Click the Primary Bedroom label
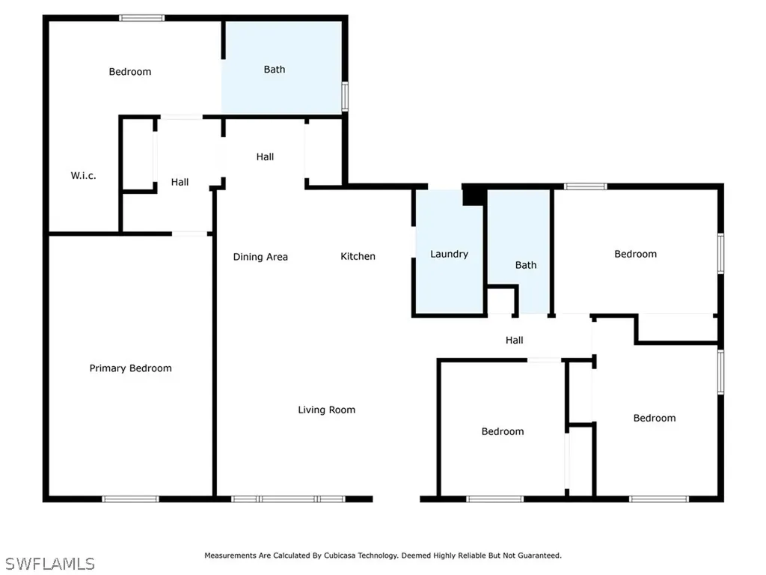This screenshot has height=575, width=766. point(130,368)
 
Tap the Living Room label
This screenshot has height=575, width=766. point(326,410)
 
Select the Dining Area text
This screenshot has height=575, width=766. point(260,257)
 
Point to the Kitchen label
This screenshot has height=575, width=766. point(358,256)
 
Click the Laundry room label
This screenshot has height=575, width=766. point(449,254)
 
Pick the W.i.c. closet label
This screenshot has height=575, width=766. point(83,176)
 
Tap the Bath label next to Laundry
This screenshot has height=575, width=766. point(526,265)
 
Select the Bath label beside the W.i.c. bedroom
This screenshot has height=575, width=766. point(275,70)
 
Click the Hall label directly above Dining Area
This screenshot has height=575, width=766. point(265,156)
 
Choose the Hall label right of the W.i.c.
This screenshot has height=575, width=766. point(180,182)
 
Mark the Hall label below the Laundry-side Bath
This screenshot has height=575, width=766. point(514,340)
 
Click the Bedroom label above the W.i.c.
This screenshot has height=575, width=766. point(130,72)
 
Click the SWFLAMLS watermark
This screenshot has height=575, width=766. point(50,563)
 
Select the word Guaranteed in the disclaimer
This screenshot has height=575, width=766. point(538,556)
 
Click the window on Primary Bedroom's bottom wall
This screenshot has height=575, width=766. point(130,499)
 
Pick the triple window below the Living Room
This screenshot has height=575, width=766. point(288,499)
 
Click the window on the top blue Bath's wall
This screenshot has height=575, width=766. point(345,97)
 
